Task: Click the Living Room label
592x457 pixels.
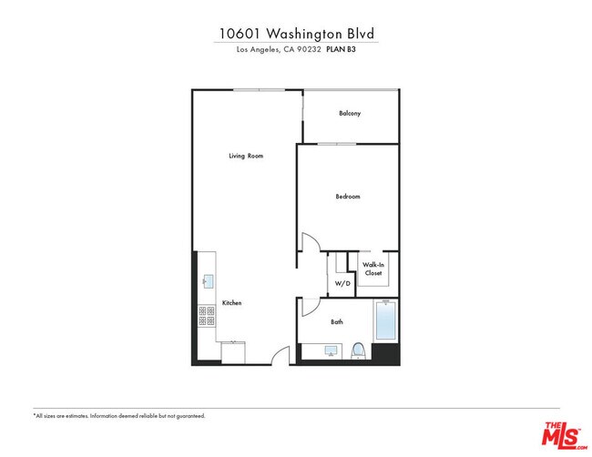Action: pyautogui.click(x=246, y=157)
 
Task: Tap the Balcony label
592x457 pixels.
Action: pyautogui.click(x=350, y=114)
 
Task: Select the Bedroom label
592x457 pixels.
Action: pyautogui.click(x=348, y=197)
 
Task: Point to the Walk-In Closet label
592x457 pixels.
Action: pyautogui.click(x=373, y=269)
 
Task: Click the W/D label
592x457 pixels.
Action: pyautogui.click(x=342, y=284)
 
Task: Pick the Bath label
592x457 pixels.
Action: pyautogui.click(x=336, y=321)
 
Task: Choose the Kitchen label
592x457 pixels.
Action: pyautogui.click(x=232, y=302)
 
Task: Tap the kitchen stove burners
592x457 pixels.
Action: pyautogui.click(x=206, y=315)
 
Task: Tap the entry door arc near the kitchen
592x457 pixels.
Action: pyautogui.click(x=284, y=355)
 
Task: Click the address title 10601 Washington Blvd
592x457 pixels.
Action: pyautogui.click(x=296, y=34)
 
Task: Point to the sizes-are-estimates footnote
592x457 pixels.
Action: pyautogui.click(x=119, y=416)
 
